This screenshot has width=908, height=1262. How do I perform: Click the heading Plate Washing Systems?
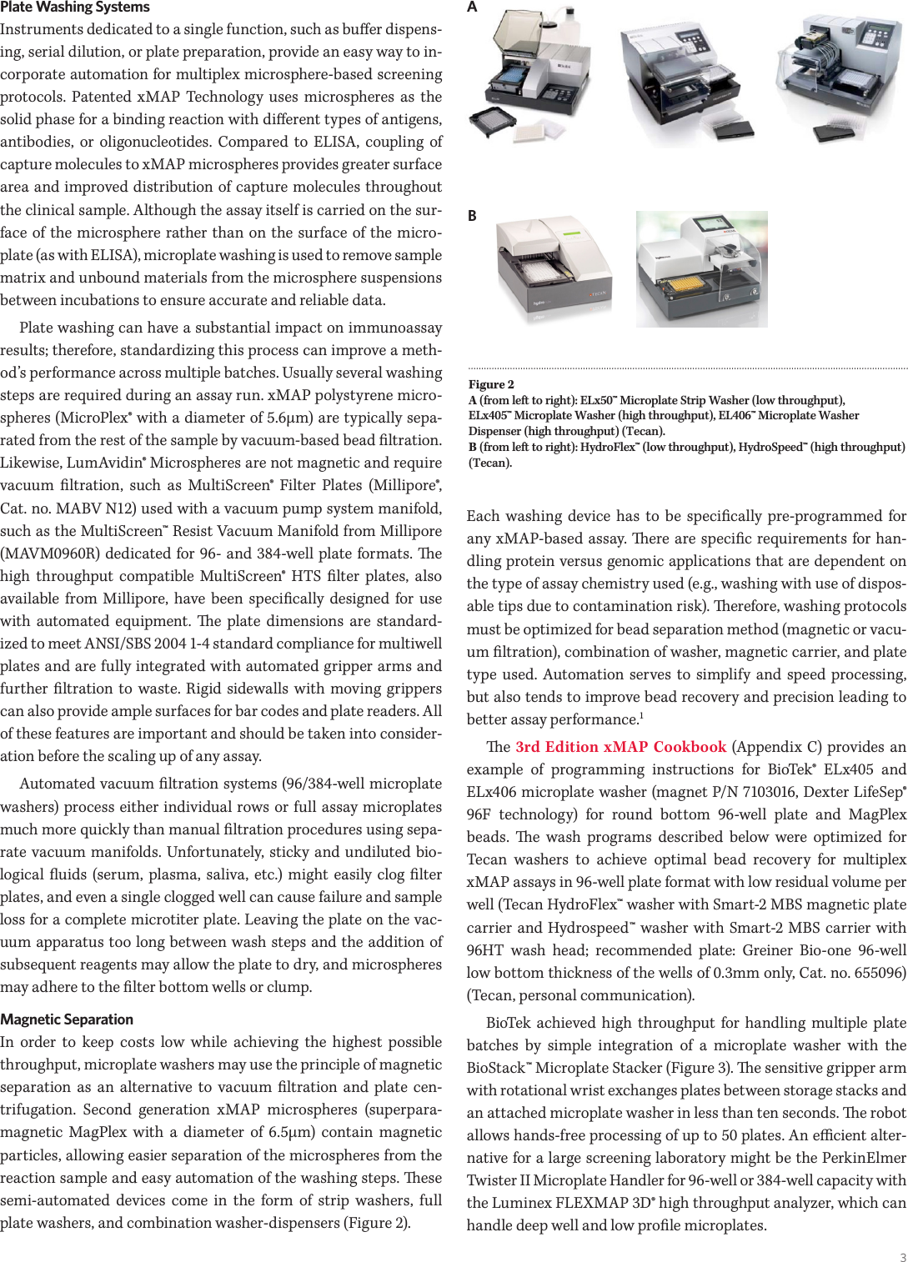75,8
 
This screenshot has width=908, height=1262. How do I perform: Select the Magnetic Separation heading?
67,1019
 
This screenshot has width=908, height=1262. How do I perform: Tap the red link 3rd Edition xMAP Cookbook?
620,747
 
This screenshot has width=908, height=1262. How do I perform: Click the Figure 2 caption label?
491,384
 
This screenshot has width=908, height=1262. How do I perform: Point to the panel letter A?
472,8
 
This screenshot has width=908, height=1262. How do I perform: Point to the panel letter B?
472,216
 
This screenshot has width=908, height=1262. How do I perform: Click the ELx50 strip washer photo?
534,75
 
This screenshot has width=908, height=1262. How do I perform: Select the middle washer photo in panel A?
686,79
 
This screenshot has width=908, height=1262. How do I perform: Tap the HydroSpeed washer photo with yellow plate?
701,268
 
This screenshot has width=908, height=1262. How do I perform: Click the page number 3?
902,1257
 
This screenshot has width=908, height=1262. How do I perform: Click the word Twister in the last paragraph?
492,1180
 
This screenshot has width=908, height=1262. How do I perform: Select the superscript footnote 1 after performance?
641,715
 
